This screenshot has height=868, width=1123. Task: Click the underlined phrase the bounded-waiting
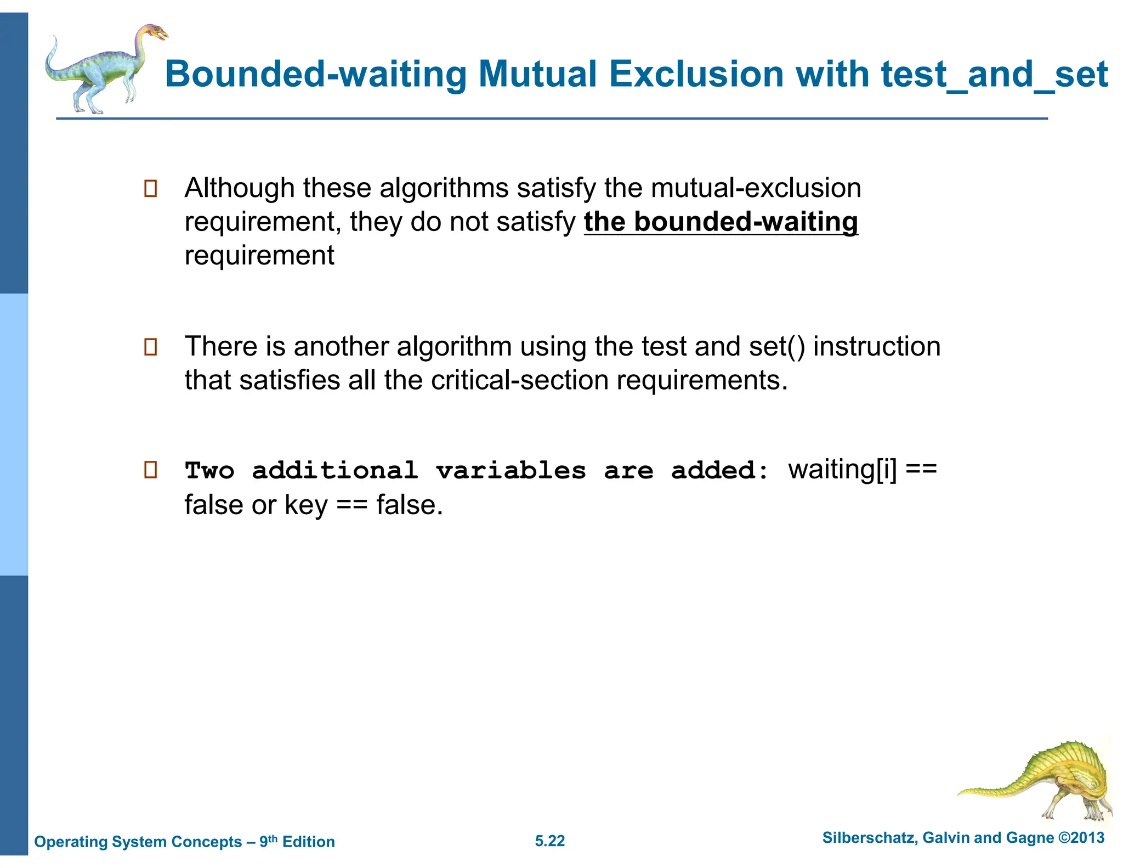[x=721, y=222]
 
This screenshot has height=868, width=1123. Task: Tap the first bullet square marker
[x=150, y=189]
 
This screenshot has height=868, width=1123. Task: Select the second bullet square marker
[x=150, y=347]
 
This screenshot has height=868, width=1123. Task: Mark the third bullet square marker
[x=150, y=470]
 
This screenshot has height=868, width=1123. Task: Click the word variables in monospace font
[x=511, y=471]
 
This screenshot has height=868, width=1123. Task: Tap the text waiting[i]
[x=842, y=470]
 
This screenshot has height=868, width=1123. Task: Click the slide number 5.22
[x=549, y=841]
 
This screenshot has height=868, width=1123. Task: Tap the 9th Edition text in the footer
[x=297, y=842]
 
